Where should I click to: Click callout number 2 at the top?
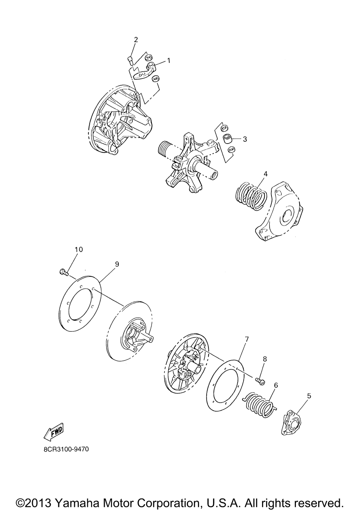tap(136, 40)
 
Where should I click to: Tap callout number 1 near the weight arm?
tap(168, 60)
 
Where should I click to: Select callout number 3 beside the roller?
tap(245, 139)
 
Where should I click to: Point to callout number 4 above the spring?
tap(265, 174)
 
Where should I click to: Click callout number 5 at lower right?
tap(309, 396)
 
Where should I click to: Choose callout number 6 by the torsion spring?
tap(276, 385)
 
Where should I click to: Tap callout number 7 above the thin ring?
tap(247, 339)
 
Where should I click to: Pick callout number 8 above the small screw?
tap(265, 359)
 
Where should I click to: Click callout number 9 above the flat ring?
tap(117, 264)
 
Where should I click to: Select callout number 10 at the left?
tap(78, 249)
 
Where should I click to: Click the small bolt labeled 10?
tap(64, 272)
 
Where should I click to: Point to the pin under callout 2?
tap(130, 61)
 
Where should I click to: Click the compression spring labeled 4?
tap(251, 196)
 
